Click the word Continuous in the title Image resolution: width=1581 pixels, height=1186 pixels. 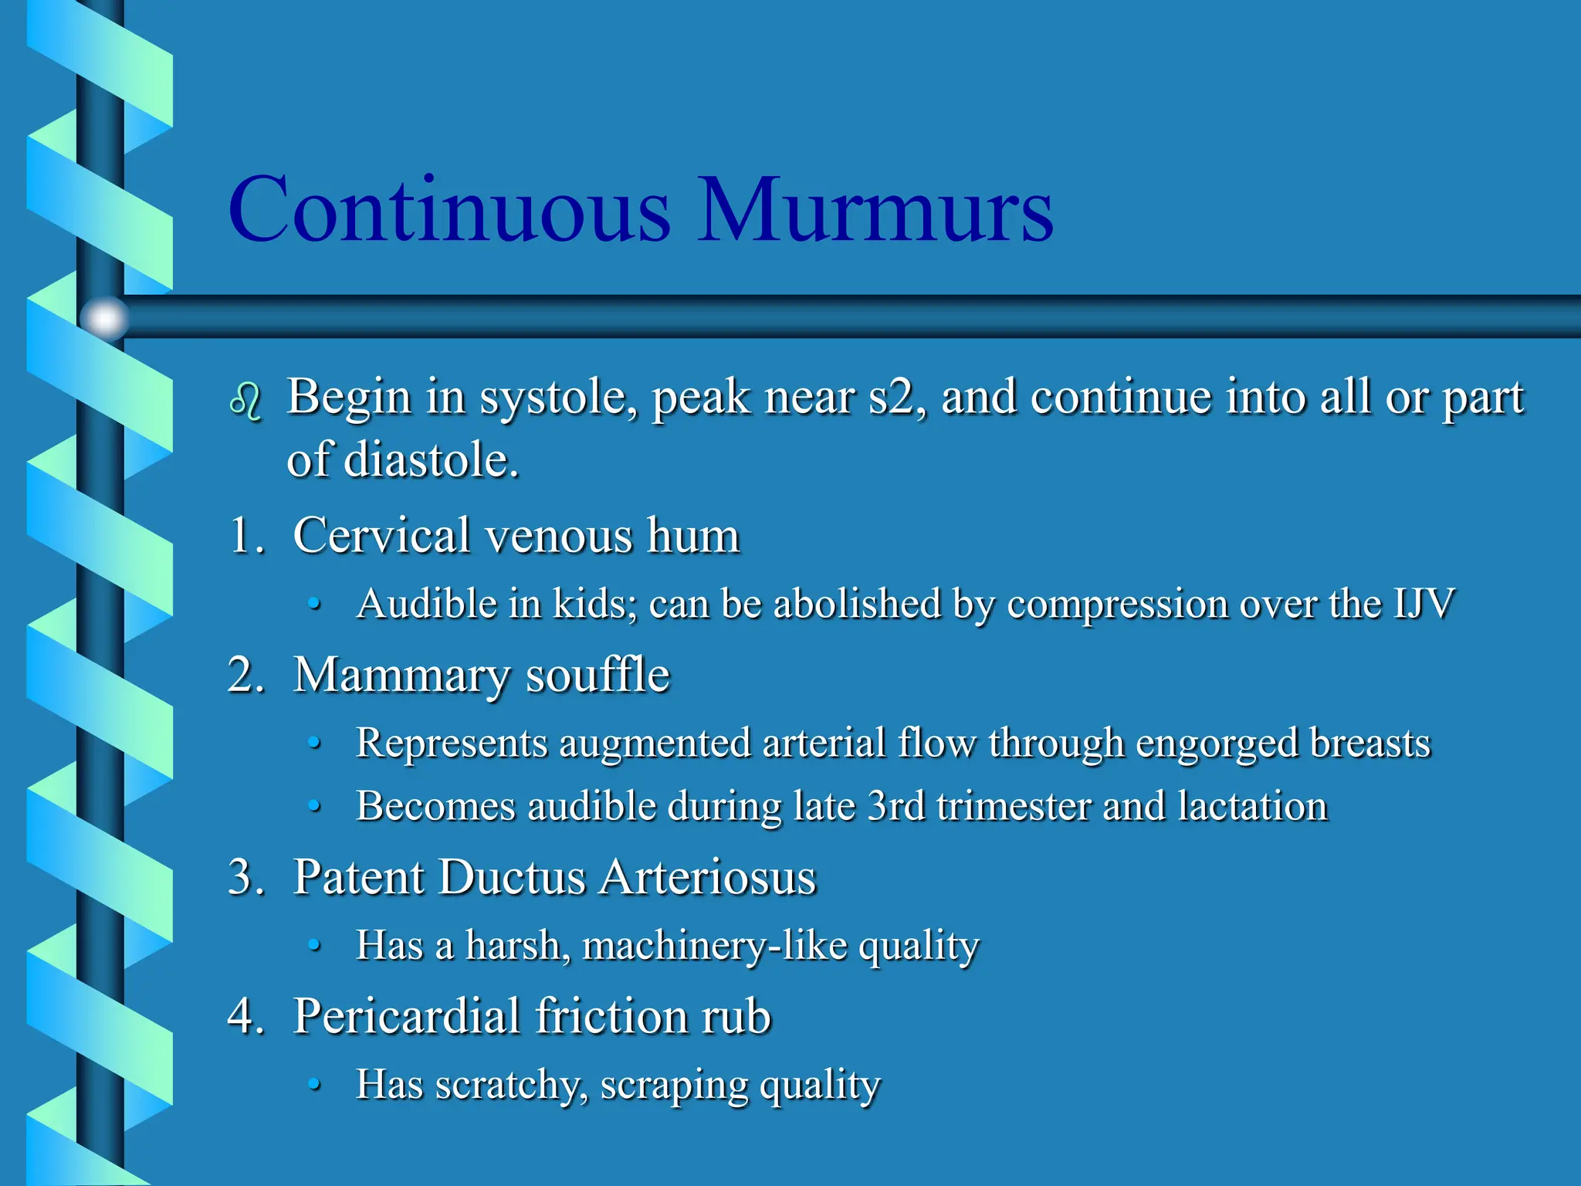click(x=449, y=210)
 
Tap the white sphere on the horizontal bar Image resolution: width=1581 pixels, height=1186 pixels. click(x=104, y=317)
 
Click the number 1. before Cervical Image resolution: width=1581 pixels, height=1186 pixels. click(x=246, y=535)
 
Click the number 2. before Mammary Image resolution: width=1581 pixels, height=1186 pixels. click(x=246, y=675)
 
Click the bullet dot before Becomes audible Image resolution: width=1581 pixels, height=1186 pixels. click(x=314, y=806)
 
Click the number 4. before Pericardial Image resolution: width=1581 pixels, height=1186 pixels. click(x=246, y=1016)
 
